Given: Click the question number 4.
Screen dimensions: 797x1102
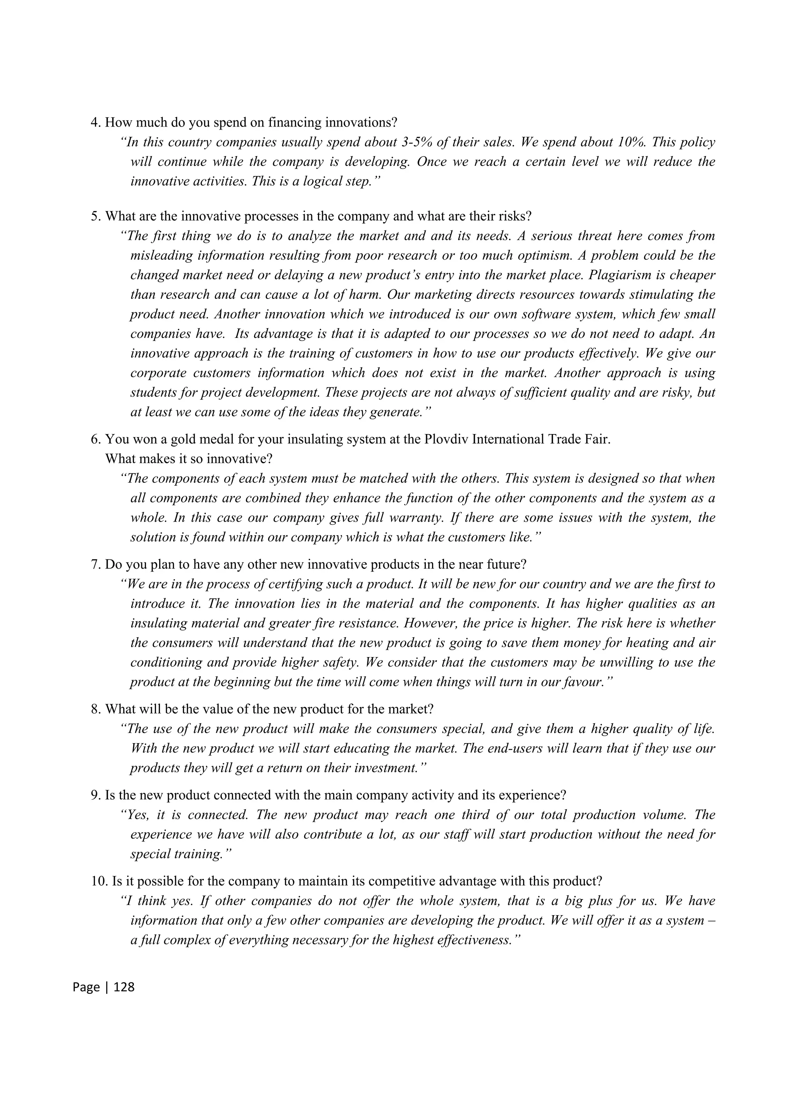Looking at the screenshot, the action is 96,123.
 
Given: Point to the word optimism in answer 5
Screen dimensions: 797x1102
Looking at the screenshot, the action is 496,256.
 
